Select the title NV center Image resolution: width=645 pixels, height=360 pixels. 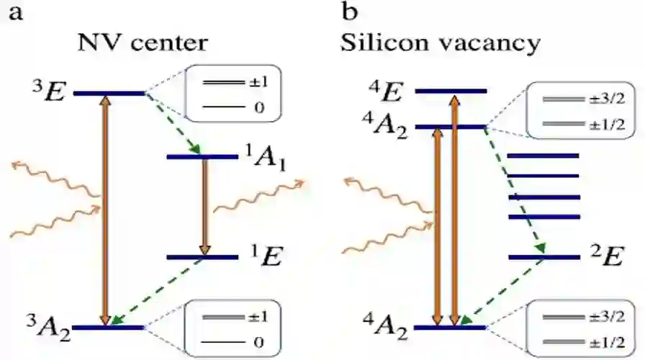pos(143,42)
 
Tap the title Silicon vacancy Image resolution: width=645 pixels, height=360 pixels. pos(440,42)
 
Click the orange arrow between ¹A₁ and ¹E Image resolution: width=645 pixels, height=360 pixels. pos(204,207)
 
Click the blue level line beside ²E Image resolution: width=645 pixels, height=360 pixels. pos(543,257)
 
